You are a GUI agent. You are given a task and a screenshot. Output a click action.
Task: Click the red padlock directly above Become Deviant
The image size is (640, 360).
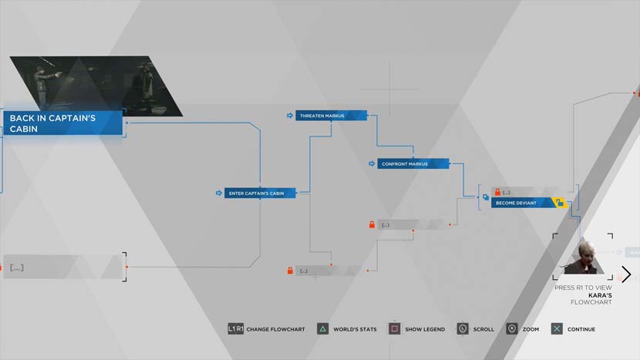[497, 192]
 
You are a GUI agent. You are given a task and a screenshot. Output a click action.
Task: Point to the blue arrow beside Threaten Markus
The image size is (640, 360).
[290, 116]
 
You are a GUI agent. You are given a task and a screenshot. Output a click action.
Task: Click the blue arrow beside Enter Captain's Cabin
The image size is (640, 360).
[219, 193]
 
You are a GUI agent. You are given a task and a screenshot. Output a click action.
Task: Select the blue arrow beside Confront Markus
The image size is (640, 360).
[372, 163]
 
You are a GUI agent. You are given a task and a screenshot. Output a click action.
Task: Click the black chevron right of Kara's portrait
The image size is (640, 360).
[626, 274]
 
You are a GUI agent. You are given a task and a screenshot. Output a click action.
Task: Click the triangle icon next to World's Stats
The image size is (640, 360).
[322, 329]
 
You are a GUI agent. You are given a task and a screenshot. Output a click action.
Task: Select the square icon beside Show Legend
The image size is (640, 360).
[394, 329]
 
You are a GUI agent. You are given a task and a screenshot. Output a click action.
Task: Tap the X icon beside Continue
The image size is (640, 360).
[557, 329]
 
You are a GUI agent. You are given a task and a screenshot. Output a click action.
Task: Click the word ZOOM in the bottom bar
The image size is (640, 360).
[531, 329]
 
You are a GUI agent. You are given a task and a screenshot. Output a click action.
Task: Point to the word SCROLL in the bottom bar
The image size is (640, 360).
[483, 329]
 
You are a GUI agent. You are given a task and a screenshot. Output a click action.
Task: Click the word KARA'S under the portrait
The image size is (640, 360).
[600, 295]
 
